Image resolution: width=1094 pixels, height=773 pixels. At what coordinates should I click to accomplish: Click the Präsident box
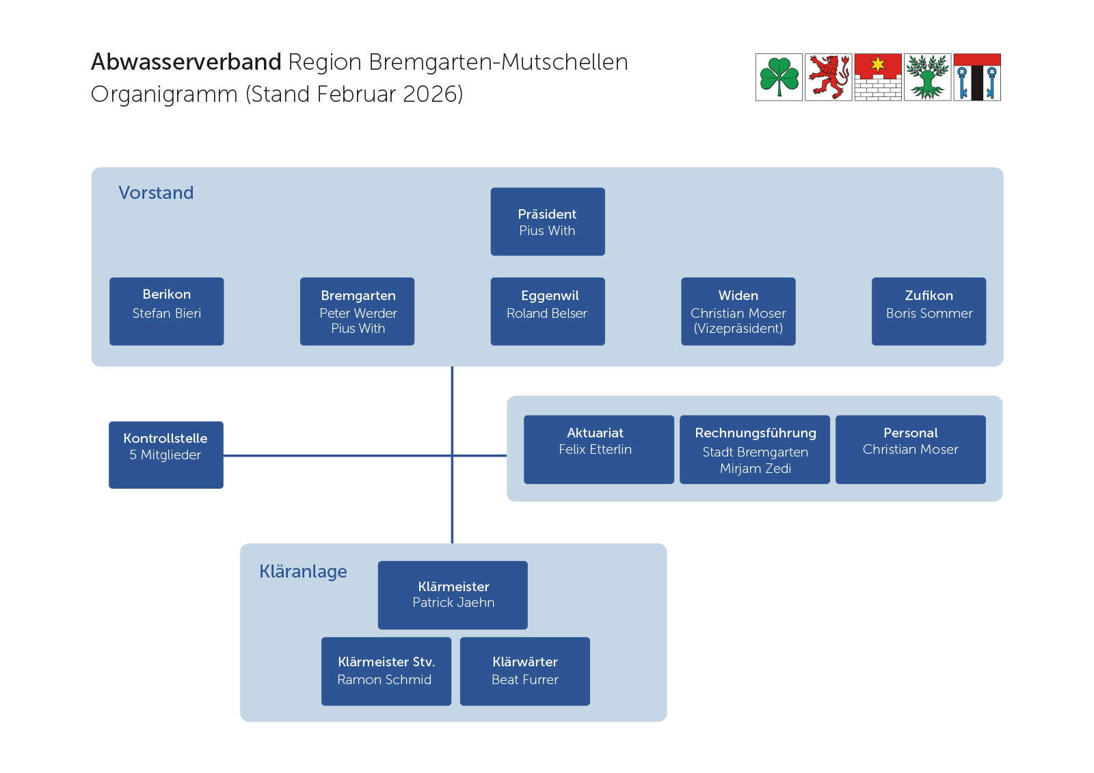[547, 221]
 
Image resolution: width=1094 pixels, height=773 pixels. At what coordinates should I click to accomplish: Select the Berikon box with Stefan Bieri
[166, 311]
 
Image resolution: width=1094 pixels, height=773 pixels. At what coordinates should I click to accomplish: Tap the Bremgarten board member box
[357, 311]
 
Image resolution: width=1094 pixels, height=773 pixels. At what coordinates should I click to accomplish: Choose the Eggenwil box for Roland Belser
[547, 311]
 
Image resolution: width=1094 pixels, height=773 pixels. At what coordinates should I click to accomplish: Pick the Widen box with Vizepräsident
[738, 311]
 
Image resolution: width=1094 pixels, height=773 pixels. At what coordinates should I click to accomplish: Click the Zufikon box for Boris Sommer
[929, 311]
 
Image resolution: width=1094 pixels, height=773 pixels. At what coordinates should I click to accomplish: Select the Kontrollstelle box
[165, 455]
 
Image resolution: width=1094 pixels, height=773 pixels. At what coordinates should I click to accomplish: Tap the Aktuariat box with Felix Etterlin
[598, 449]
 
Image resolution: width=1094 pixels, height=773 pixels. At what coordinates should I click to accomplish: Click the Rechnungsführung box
[754, 449]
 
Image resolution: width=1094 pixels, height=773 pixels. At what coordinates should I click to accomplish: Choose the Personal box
[910, 449]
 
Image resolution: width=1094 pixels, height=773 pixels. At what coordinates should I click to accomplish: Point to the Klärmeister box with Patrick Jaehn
[453, 595]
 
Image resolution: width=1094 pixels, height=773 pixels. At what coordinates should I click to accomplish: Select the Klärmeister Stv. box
[386, 670]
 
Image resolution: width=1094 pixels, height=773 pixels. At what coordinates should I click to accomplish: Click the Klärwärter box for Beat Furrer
[524, 670]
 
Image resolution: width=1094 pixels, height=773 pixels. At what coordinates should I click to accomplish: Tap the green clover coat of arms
[779, 77]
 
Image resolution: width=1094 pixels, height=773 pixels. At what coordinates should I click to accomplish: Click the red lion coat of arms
[828, 77]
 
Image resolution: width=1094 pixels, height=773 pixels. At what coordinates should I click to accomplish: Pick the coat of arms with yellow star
[878, 77]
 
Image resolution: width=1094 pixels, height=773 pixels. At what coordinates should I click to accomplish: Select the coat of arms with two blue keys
[977, 77]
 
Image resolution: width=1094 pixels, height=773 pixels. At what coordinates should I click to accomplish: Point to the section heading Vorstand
[156, 193]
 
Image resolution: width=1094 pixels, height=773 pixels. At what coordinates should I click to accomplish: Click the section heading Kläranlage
[303, 571]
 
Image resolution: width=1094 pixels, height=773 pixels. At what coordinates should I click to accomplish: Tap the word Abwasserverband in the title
[186, 62]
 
